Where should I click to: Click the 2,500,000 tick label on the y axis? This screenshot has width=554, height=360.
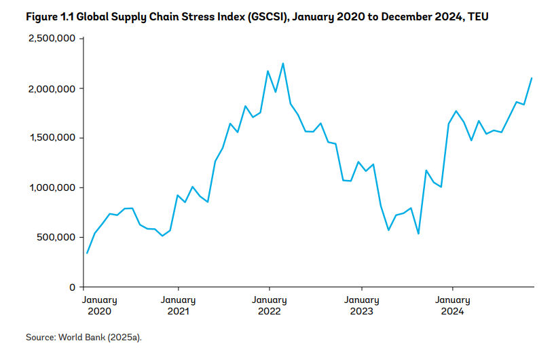tap(52, 39)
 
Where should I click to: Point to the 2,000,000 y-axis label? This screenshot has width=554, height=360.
tap(52, 88)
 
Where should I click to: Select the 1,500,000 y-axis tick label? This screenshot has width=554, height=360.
tap(52, 138)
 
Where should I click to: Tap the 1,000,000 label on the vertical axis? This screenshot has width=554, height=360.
tap(52, 187)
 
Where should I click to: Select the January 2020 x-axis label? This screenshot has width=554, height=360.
tap(100, 305)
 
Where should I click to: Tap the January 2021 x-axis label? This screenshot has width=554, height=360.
tap(178, 305)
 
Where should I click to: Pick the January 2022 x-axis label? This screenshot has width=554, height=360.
tap(270, 305)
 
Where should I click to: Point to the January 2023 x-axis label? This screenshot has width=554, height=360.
tap(361, 305)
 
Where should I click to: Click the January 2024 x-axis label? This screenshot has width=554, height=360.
tap(453, 305)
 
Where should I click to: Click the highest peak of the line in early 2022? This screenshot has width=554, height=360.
tap(283, 63)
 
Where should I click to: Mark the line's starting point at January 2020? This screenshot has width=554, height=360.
tap(87, 253)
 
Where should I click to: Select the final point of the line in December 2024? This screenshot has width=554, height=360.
tap(532, 78)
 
